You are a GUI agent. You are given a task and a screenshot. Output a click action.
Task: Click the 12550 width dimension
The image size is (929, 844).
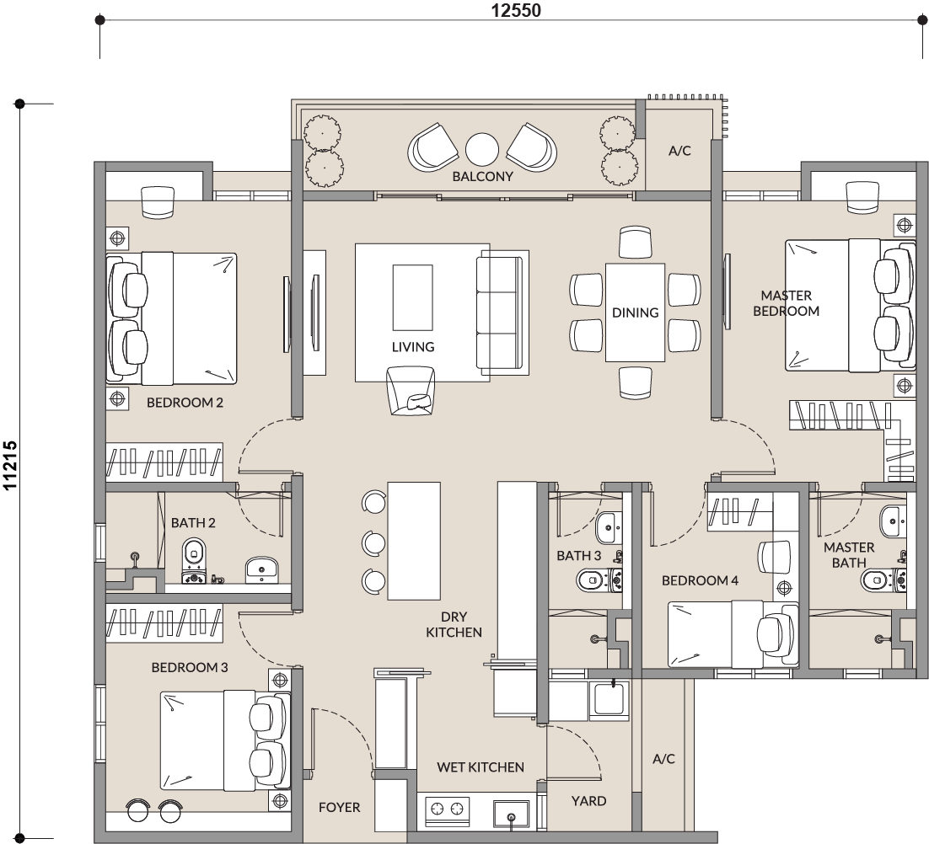(515, 10)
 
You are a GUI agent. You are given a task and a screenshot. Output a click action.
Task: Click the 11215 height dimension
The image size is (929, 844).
(11, 465)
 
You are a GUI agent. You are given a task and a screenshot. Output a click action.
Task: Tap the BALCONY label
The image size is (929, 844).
(482, 176)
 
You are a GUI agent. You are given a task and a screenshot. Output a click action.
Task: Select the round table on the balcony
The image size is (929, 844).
(482, 150)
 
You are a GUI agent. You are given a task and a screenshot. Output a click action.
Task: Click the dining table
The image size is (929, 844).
(635, 312)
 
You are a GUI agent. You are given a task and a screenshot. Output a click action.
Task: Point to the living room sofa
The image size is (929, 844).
(502, 312)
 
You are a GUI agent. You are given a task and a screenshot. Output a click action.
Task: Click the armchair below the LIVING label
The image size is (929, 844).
(410, 391)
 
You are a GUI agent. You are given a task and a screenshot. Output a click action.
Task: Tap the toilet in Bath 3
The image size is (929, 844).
(599, 580)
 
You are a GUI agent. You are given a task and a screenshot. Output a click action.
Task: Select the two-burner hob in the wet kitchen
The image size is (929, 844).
(448, 809)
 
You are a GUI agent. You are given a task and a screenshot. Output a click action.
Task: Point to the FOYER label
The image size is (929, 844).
(339, 807)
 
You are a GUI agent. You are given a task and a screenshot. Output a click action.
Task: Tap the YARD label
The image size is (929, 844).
(588, 801)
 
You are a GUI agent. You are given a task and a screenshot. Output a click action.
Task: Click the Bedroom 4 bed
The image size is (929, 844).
(733, 634)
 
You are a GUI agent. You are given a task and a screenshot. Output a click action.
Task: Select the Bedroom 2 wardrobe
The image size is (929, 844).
(164, 460)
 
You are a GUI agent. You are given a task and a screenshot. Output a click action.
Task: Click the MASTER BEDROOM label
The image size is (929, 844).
(787, 303)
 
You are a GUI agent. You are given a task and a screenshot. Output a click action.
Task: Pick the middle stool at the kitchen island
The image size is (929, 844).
(373, 542)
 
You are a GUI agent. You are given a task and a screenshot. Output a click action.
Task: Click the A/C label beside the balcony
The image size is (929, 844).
(679, 151)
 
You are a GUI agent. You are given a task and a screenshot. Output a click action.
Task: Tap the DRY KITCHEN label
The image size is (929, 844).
(454, 624)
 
